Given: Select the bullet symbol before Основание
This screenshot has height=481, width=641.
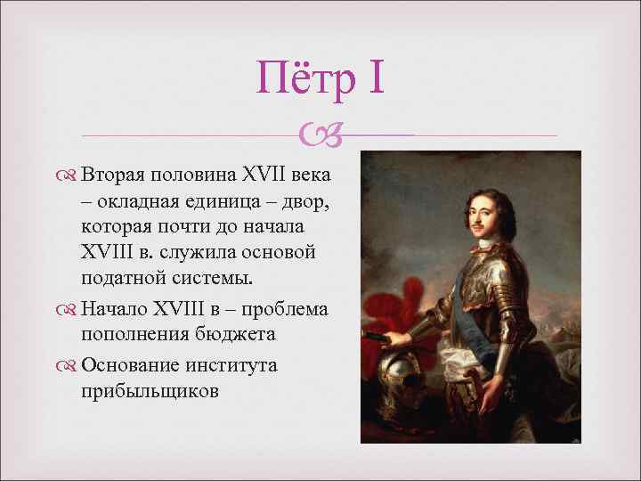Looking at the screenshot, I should (x=69, y=366).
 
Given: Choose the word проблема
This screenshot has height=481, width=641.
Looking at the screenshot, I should (x=287, y=309).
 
